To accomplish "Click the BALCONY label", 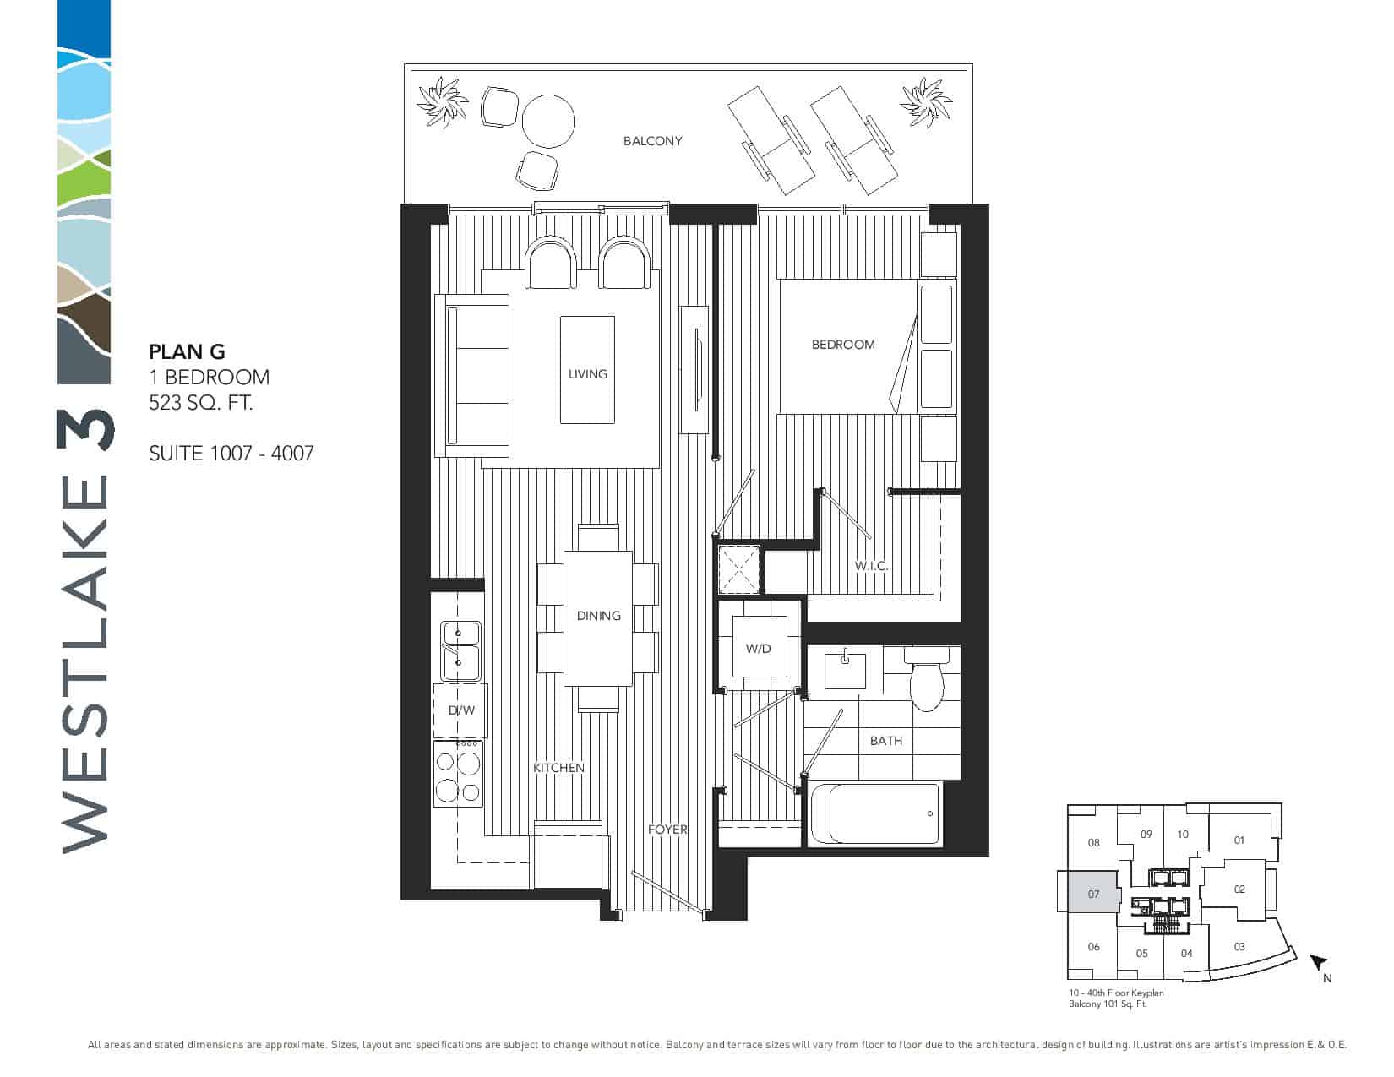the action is (652, 141).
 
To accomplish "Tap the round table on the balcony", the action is (547, 122).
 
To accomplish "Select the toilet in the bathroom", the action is (927, 678).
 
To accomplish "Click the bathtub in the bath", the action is (876, 813).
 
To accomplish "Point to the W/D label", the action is (759, 649).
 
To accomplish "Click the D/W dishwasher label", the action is (461, 710).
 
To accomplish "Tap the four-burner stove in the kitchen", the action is (458, 775).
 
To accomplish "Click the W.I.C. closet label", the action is (871, 566).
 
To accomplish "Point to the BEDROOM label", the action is (843, 345).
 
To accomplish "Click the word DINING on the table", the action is (598, 616).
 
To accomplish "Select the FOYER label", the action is (667, 830).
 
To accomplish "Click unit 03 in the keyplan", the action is (1239, 946).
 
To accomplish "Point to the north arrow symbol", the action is (1318, 963).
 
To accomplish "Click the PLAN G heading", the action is (187, 351).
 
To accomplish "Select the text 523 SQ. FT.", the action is (201, 402).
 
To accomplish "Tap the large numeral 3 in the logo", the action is (85, 431).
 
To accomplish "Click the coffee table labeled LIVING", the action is (587, 369).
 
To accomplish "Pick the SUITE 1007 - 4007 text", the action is (231, 454).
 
